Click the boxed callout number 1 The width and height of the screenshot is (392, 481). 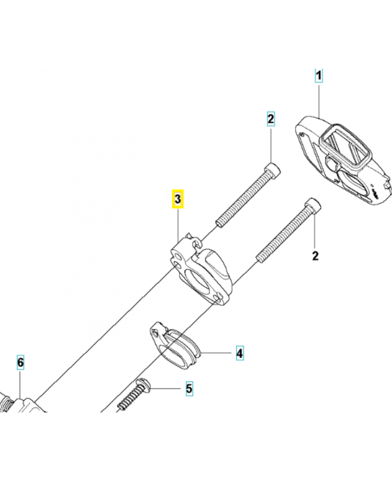[x=319, y=76]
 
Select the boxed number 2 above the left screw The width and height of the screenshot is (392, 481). [x=271, y=119]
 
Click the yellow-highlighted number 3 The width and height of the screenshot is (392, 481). [x=178, y=198]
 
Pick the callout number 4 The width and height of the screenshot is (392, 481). [x=239, y=353]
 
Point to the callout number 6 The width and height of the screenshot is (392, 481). [x=20, y=363]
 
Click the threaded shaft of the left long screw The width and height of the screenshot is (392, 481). [x=243, y=197]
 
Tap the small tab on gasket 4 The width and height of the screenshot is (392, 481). [x=156, y=328]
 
